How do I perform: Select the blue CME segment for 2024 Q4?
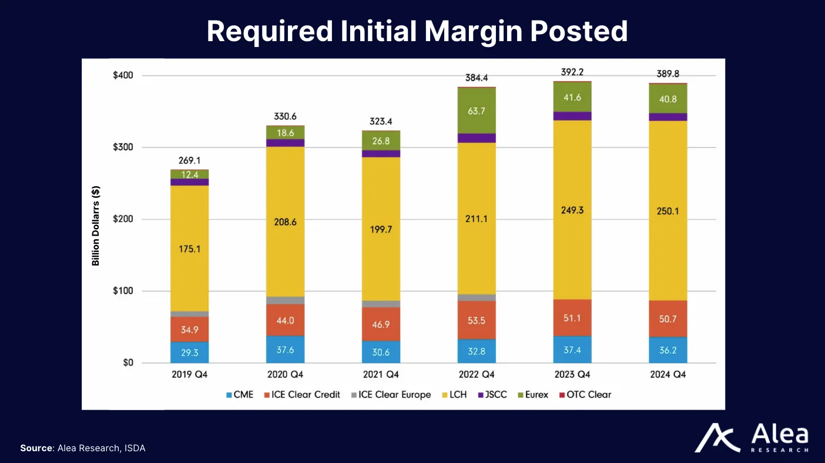coord(668,350)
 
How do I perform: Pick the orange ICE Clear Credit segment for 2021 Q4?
coord(381,324)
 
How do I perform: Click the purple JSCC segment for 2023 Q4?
coord(572,116)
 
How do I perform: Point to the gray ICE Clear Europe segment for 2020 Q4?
coord(285,300)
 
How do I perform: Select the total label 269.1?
coord(189,160)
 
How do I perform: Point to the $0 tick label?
coord(128,363)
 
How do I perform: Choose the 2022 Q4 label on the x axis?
coord(477,374)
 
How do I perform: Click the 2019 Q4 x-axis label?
coord(189,374)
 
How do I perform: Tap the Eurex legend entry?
coord(532,394)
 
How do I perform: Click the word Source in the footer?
coord(36,448)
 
